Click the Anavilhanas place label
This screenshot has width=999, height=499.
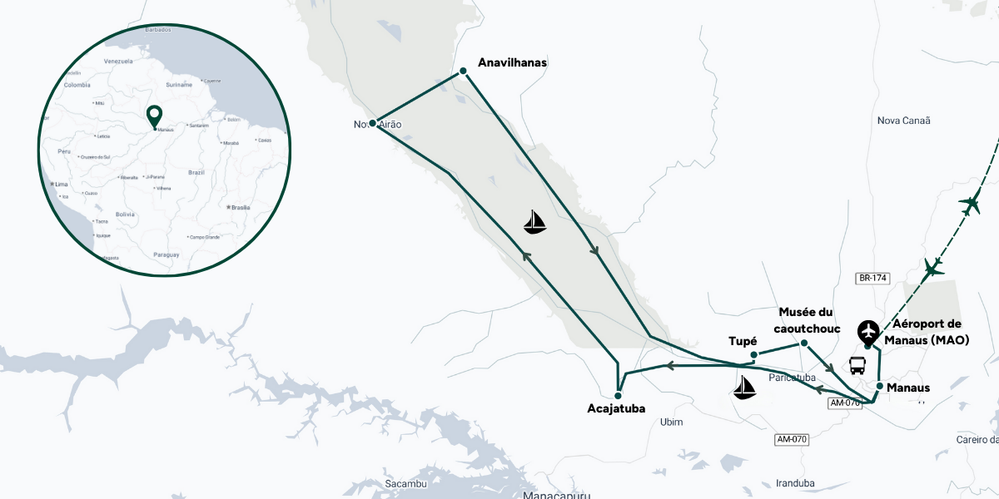click(512, 62)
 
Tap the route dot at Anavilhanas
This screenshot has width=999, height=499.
click(464, 72)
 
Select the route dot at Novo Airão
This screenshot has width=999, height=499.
click(372, 123)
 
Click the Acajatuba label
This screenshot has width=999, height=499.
click(616, 408)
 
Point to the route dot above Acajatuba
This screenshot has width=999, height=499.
click(619, 395)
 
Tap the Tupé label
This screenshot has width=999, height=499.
click(743, 342)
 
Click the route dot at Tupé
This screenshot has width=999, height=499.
click(753, 355)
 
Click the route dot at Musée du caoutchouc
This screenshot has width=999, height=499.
click(804, 343)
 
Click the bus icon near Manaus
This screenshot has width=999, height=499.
click(857, 366)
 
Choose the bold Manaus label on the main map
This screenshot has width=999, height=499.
click(908, 388)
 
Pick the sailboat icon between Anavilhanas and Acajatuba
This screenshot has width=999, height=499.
click(535, 221)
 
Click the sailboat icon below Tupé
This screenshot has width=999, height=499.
click(743, 387)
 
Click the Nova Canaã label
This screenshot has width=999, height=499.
click(903, 121)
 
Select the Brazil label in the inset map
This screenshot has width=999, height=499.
click(196, 171)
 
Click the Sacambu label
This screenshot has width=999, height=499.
click(406, 484)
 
